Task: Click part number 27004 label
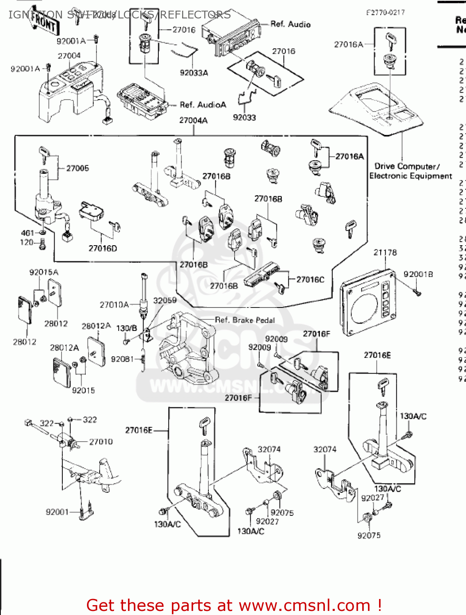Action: click(69, 56)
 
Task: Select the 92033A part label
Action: click(194, 73)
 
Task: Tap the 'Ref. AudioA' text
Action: click(203, 105)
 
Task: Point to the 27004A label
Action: click(193, 120)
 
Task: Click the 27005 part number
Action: click(78, 168)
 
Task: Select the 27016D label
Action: click(103, 248)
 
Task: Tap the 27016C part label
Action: click(310, 280)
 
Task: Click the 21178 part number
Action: click(385, 253)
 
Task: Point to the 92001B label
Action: click(418, 274)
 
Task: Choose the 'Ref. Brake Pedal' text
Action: click(245, 320)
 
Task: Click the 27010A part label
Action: click(114, 305)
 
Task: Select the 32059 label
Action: click(165, 301)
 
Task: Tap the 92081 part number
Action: click(122, 359)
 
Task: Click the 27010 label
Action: click(101, 442)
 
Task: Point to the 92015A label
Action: click(44, 272)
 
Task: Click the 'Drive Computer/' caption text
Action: click(407, 166)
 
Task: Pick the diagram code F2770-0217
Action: click(385, 13)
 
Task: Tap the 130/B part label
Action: click(126, 328)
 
